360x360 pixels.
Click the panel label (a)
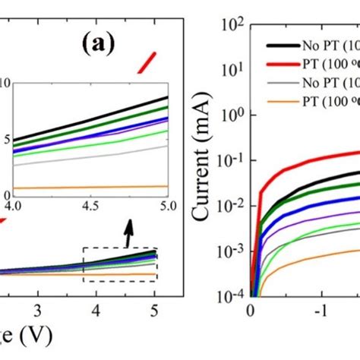pyautogui.click(x=98, y=45)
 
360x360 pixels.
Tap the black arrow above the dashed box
pyautogui.click(x=128, y=230)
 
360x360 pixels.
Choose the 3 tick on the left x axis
pyautogui.click(x=39, y=311)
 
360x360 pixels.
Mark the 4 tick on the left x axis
pyautogui.click(x=96, y=311)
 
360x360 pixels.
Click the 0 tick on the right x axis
pyautogui.click(x=251, y=311)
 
